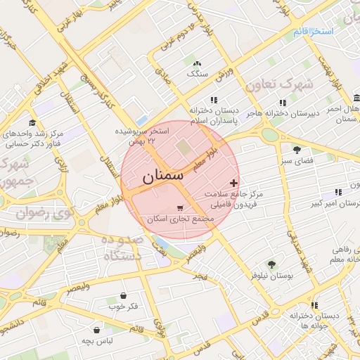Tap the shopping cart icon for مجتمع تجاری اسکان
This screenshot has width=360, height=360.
[x=181, y=208]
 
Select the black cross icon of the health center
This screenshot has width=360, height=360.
[x=234, y=183]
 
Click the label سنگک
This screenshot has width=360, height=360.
[x=197, y=73]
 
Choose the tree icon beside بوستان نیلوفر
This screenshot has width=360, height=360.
[x=271, y=264]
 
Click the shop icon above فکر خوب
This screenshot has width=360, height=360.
[x=124, y=296]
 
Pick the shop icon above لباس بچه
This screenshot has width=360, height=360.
[x=96, y=330]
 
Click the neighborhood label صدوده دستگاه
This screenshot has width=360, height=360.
[x=124, y=247]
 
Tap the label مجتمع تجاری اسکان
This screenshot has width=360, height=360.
[x=180, y=219]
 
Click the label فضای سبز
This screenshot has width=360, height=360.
[x=296, y=161]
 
